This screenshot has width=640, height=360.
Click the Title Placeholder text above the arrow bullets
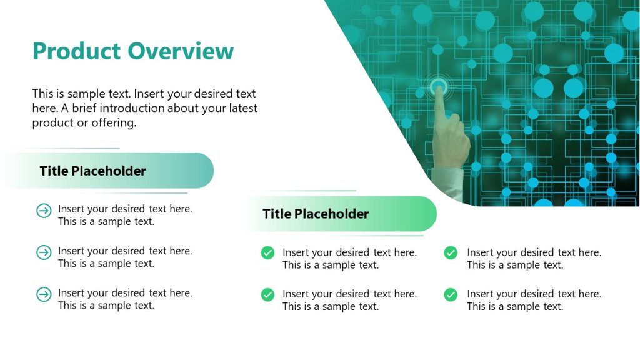[92, 171]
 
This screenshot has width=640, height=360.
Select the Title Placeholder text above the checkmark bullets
[316, 214]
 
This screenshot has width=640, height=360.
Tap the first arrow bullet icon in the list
[44, 211]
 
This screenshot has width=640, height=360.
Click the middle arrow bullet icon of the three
[44, 252]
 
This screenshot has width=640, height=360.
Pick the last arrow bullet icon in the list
[44, 294]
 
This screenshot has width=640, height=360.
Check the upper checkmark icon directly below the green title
[267, 253]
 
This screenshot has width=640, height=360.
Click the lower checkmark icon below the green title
[267, 294]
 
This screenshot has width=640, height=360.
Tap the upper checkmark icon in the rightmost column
[451, 253]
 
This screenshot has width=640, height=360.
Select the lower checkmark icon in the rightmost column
[451, 294]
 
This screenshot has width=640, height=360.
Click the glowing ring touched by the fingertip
[439, 86]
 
